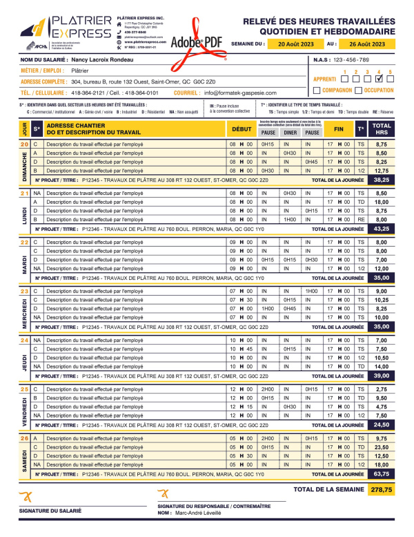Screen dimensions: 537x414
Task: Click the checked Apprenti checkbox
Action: [379, 79]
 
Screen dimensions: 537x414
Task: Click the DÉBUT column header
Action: [241, 129]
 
